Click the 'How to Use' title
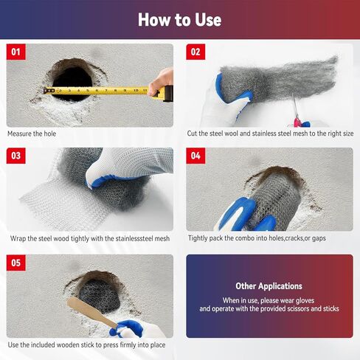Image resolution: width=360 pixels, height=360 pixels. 179,19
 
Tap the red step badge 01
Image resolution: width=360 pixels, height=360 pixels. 16,52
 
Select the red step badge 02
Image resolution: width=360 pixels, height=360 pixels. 195,52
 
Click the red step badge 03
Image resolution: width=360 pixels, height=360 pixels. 16,156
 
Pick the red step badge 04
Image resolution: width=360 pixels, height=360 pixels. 195,156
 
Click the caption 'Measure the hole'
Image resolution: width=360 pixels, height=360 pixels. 32,134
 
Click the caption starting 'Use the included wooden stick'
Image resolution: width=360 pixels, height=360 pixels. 86,345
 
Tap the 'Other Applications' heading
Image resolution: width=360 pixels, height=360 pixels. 269,285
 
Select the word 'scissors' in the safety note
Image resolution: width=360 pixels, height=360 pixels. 294,309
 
